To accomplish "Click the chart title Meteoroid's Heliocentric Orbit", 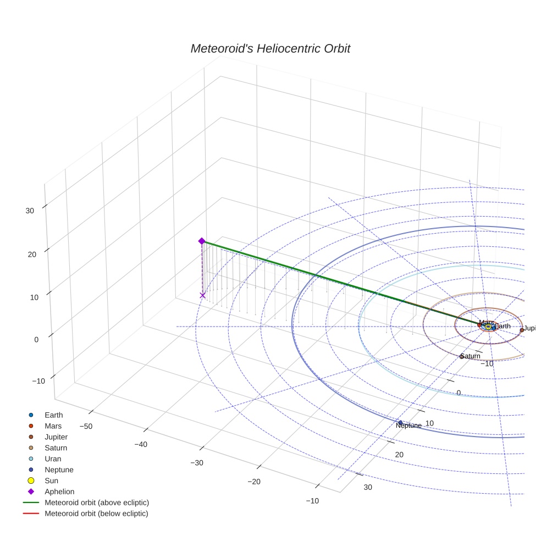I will point(270,49).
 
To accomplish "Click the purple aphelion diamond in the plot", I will point(202,241).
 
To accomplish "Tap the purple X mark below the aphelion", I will point(202,295).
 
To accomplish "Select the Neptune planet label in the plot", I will point(408,426).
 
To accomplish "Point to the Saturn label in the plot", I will point(471,356).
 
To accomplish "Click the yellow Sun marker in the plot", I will point(488,327).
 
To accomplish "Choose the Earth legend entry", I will point(53,415).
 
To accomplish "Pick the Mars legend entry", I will point(53,426).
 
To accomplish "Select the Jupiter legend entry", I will point(56,437).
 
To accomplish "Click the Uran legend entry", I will point(53,459).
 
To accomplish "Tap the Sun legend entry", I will point(51,481).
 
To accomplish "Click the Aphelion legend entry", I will point(59,492).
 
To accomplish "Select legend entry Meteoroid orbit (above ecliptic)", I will point(97,503).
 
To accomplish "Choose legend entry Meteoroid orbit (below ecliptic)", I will point(97,514).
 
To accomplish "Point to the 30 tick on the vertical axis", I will point(30,210).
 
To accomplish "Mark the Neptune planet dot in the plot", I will point(400,422).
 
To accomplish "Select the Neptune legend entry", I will point(59,470).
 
